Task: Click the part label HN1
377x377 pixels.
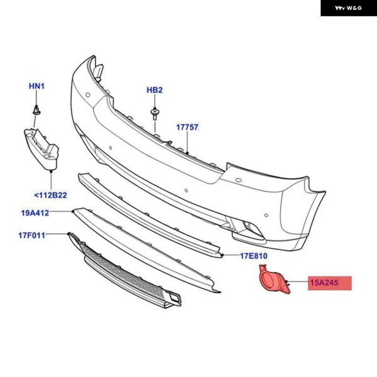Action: tap(38, 85)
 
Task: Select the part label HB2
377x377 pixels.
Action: tap(155, 90)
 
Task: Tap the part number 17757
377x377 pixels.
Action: tap(187, 127)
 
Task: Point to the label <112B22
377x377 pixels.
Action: tap(50, 195)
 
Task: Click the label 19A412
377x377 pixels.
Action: tap(35, 213)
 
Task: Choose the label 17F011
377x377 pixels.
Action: tap(31, 236)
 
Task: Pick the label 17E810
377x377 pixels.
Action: tap(253, 256)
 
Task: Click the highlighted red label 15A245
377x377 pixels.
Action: tap(324, 283)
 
